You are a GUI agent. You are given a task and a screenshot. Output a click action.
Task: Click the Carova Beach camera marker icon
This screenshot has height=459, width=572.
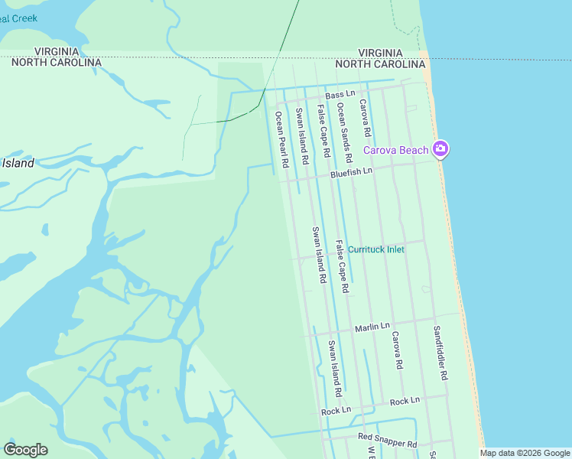pyautogui.click(x=440, y=148)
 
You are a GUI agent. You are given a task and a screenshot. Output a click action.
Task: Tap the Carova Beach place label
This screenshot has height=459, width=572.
pyautogui.click(x=395, y=150)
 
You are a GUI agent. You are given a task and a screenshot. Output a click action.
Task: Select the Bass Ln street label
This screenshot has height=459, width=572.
pyautogui.click(x=340, y=94)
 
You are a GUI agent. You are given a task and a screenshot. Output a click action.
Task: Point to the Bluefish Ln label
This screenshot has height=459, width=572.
pyautogui.click(x=351, y=174)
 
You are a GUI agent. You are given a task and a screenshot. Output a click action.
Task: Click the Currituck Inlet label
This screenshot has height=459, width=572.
pyautogui.click(x=375, y=249)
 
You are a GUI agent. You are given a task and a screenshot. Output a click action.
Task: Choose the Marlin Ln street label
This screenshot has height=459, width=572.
pyautogui.click(x=372, y=327)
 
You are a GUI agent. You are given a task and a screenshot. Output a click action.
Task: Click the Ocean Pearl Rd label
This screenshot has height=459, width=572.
pyautogui.click(x=281, y=139)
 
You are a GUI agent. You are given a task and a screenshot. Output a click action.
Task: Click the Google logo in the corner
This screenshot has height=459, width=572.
pyautogui.click(x=25, y=450)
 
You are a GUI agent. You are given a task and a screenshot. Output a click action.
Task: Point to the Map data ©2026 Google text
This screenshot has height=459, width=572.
pyautogui.click(x=524, y=453)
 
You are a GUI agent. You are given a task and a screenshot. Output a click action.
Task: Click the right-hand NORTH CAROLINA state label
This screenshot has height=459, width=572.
pyautogui.click(x=380, y=63)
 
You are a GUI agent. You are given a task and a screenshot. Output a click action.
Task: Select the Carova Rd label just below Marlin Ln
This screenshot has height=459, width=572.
pyautogui.click(x=397, y=350)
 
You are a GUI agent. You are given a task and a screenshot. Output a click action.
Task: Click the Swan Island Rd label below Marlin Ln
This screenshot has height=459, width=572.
pyautogui.click(x=333, y=368)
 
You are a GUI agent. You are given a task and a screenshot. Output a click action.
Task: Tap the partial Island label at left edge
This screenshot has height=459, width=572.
pyautogui.click(x=18, y=163)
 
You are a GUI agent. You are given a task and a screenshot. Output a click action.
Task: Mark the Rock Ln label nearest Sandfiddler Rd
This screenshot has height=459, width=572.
pyautogui.click(x=405, y=401)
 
